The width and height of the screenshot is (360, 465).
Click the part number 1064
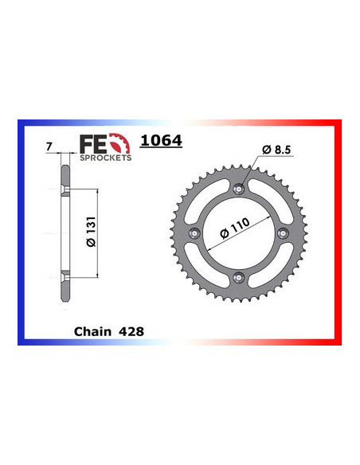pos(162,142)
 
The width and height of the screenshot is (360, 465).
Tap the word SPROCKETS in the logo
pos(106,158)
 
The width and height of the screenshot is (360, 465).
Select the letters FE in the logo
pos(91,144)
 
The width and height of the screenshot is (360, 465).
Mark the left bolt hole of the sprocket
pos(196,232)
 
